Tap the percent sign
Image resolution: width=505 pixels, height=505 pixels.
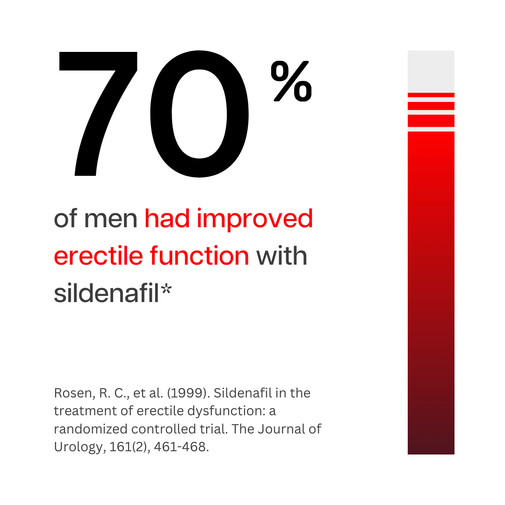[291, 81]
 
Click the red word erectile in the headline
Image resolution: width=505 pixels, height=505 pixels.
[98, 256]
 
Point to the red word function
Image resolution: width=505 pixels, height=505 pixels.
[200, 256]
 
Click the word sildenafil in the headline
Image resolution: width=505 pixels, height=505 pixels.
[106, 293]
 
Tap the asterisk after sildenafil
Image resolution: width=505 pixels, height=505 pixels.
[166, 289]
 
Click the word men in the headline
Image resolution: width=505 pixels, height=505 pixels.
[111, 219]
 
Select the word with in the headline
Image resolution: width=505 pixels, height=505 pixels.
[281, 256]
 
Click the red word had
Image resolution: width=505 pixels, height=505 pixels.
[167, 218]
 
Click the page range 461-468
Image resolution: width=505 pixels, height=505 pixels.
[181, 447]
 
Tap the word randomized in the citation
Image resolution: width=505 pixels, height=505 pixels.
[91, 429]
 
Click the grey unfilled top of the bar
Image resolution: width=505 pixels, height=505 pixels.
[431, 71]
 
